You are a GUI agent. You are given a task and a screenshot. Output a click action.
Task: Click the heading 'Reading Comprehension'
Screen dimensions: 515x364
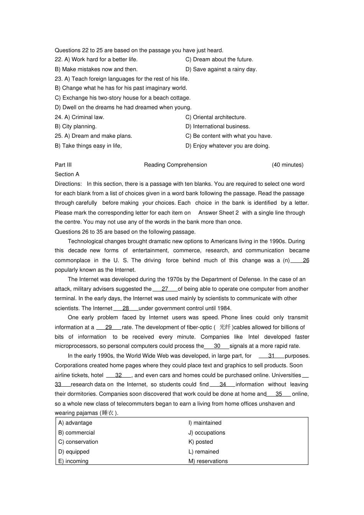click(x=175, y=165)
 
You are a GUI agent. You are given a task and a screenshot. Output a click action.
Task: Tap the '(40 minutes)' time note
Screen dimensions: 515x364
click(x=287, y=165)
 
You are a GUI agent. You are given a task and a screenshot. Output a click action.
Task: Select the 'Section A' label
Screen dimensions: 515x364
click(x=67, y=174)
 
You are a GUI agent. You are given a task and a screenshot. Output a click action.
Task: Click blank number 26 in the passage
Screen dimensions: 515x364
click(x=305, y=260)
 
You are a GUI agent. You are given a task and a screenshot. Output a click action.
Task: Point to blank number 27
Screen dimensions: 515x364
click(x=165, y=289)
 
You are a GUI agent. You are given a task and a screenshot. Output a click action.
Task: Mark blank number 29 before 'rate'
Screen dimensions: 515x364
click(x=108, y=327)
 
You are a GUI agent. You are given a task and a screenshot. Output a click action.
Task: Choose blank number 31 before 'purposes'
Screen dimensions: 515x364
click(x=271, y=356)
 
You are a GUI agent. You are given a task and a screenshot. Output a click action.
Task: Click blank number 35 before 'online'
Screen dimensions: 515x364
click(x=279, y=394)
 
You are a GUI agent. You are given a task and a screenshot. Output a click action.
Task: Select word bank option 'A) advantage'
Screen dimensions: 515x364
click(x=75, y=423)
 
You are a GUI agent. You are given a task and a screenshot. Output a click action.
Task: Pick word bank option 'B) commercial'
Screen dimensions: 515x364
click(x=76, y=433)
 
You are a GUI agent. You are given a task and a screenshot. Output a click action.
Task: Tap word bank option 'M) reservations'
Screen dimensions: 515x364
click(x=208, y=461)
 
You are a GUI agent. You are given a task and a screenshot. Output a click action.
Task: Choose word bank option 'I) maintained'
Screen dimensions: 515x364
click(x=205, y=423)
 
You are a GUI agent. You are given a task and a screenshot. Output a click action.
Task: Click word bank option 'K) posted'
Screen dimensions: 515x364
click(x=200, y=442)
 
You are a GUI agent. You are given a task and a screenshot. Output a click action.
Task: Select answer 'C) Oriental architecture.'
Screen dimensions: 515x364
click(x=216, y=117)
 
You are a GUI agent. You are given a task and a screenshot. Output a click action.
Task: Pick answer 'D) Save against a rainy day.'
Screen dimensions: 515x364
click(x=221, y=69)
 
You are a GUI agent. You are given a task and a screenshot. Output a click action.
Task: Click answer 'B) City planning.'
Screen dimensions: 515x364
click(x=75, y=126)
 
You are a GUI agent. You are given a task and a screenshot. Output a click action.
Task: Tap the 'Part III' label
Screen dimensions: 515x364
click(x=63, y=165)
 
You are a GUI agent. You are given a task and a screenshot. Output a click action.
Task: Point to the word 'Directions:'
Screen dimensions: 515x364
click(x=68, y=184)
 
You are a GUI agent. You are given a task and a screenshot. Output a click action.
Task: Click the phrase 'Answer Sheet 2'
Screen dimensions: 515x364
click(x=218, y=213)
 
